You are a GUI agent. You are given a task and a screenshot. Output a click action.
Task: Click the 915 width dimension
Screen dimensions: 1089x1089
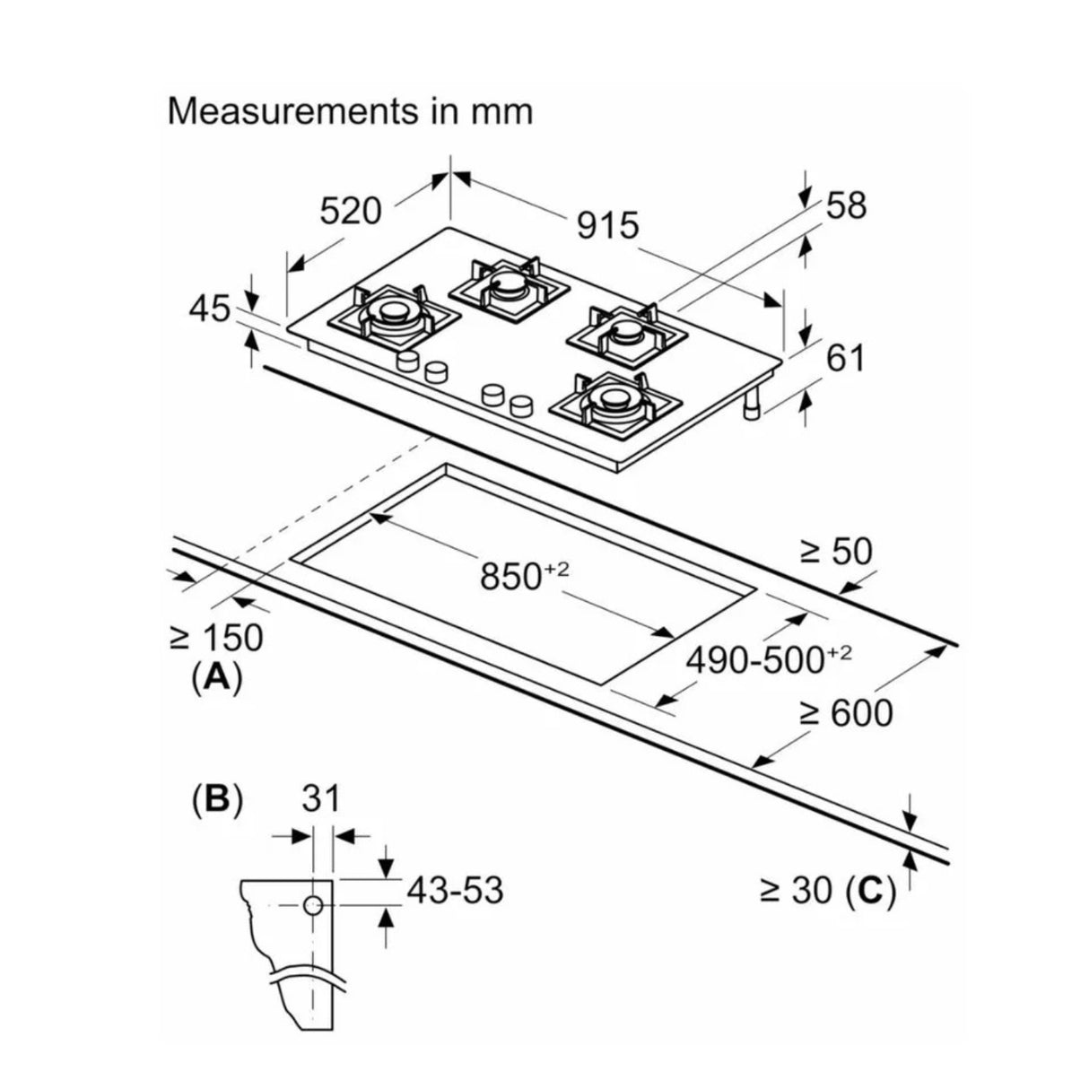(607, 226)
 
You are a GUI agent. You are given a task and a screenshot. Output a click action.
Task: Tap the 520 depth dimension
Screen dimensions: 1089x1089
(351, 212)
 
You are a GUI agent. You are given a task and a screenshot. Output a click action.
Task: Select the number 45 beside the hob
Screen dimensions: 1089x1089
(210, 309)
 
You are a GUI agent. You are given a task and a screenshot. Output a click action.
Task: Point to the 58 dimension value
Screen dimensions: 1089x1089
(846, 205)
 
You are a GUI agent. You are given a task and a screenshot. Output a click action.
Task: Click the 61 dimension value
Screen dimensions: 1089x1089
(845, 358)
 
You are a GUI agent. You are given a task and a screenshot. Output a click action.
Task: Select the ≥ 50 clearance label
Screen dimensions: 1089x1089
(837, 551)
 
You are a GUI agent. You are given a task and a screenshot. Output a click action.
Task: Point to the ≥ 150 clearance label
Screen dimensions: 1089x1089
(216, 638)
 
